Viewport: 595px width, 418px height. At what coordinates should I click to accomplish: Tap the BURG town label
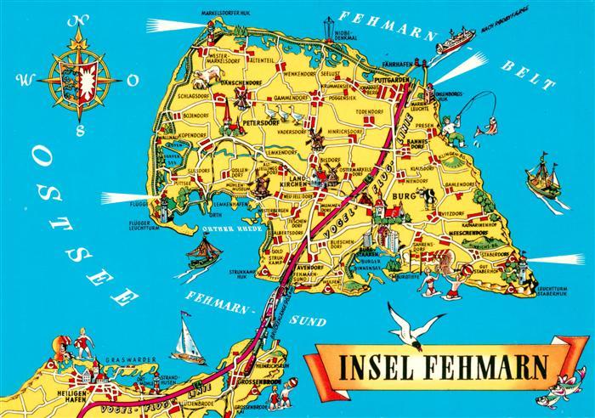click(400, 205)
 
